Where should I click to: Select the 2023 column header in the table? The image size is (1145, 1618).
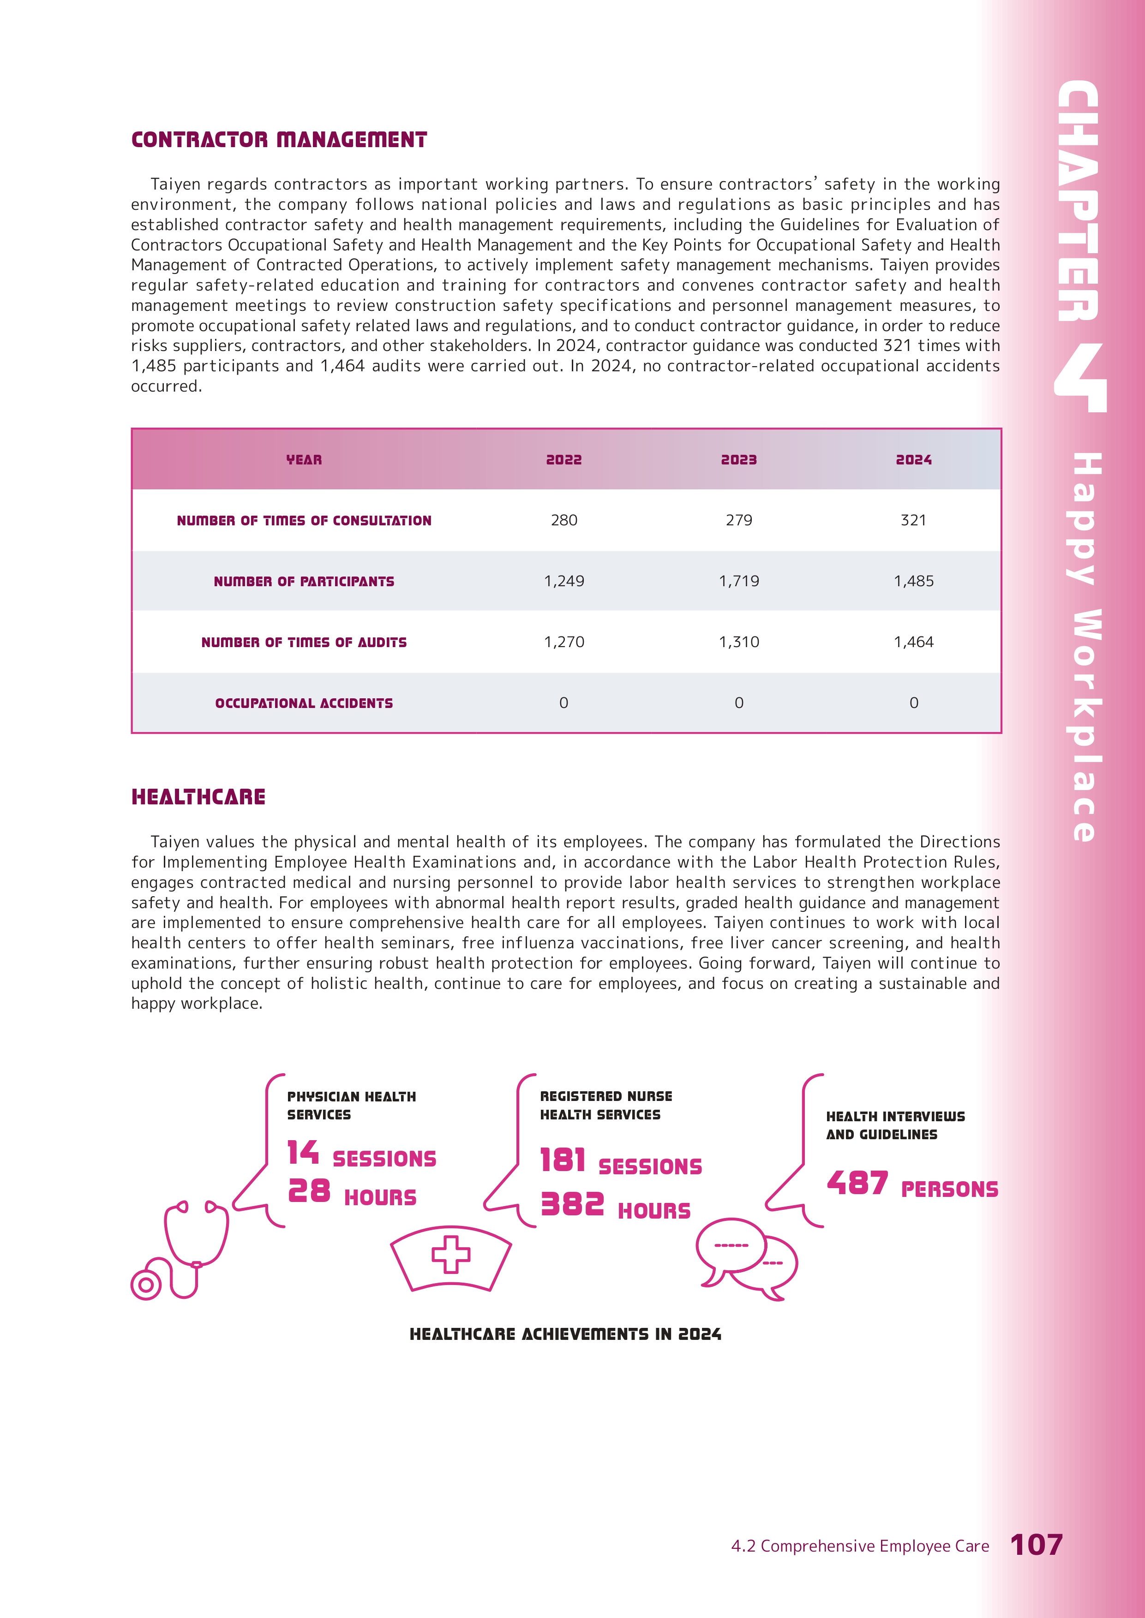(x=738, y=459)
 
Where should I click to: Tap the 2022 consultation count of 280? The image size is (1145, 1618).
(x=564, y=520)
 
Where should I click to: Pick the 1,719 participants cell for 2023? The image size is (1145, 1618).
(x=738, y=581)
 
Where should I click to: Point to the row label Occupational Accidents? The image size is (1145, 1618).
(x=304, y=703)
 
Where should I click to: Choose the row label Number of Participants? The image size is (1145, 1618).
(x=304, y=581)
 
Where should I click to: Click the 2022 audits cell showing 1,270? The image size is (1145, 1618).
(x=564, y=642)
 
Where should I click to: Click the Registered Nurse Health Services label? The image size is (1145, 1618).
(x=605, y=1105)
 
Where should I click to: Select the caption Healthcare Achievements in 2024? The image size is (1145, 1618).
(x=565, y=1334)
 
